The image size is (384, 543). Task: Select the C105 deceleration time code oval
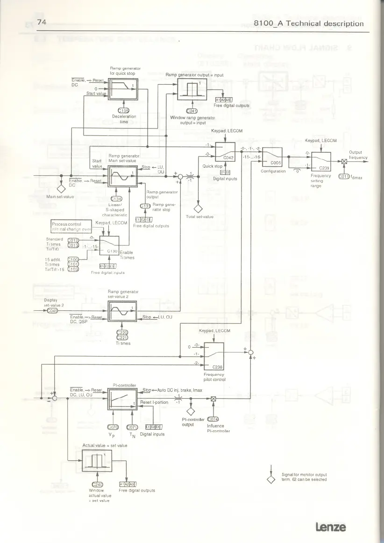[x=123, y=110]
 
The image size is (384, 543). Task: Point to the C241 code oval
[x=192, y=111]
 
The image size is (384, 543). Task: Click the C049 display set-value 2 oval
[x=52, y=311]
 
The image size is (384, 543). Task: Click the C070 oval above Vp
[x=114, y=427]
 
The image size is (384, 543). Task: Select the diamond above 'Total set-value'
[x=199, y=208]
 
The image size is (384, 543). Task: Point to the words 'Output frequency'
[x=359, y=155]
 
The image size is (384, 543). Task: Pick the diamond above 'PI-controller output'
[x=191, y=411]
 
